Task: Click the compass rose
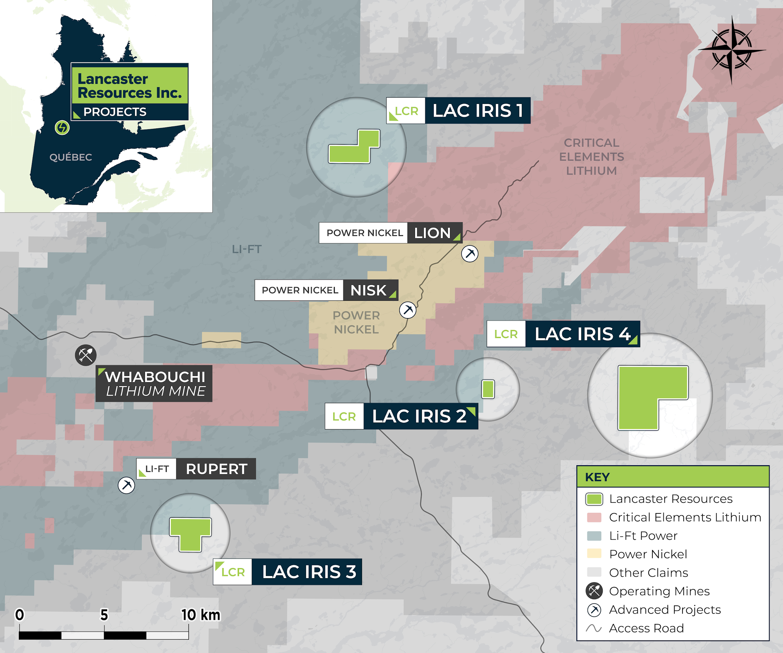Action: [732, 50]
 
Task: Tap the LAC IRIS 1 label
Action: [477, 111]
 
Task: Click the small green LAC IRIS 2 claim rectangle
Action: [488, 389]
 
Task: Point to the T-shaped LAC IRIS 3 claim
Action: [190, 531]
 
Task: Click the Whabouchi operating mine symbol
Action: [86, 355]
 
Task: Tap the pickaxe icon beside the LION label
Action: [470, 254]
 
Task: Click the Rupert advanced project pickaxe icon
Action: [127, 485]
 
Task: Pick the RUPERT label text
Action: [216, 469]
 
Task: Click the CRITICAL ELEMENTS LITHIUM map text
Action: [591, 157]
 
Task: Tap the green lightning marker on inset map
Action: [62, 128]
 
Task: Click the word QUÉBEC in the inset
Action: [71, 157]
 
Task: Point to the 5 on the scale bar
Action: [104, 615]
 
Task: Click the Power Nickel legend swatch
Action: [594, 554]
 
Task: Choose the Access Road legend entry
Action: [646, 628]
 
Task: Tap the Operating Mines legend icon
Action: [594, 591]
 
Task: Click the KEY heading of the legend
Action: [597, 477]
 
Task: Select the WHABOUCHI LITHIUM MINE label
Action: [154, 383]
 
